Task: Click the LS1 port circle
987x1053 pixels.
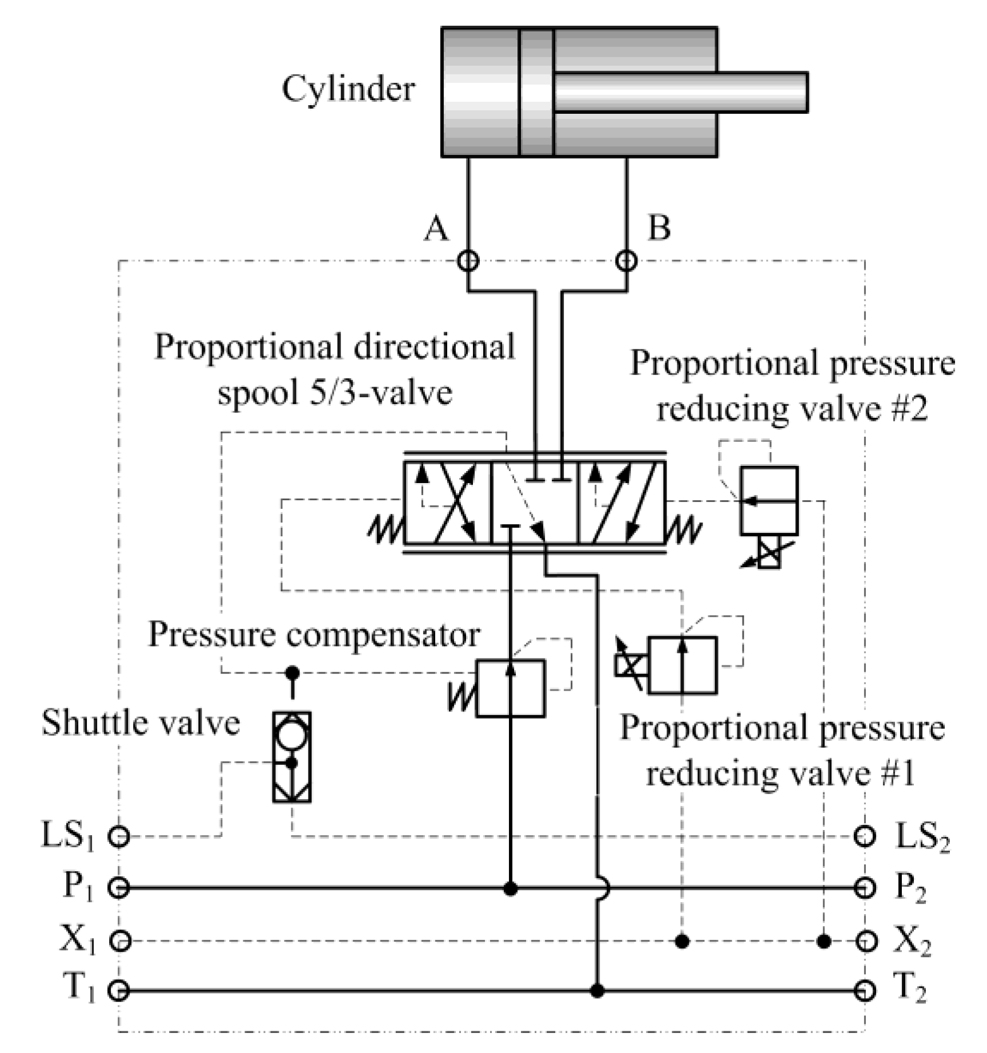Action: pos(119,836)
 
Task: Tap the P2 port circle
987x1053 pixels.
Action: pos(865,888)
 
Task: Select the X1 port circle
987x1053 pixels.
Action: pos(119,940)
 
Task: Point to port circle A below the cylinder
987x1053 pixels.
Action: pos(468,261)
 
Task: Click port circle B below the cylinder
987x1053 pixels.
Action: pos(627,261)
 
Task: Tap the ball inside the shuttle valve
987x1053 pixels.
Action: pos(292,737)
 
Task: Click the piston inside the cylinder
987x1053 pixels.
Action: pos(536,91)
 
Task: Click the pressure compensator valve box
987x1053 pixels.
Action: pos(510,688)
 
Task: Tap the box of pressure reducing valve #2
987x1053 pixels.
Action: pos(769,501)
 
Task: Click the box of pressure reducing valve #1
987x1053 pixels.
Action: pos(683,665)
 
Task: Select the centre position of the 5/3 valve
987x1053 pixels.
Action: pos(535,502)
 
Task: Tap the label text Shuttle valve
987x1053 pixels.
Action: pos(141,723)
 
